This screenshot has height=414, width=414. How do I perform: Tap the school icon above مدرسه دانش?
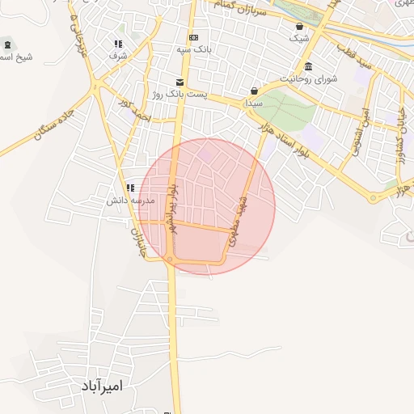[130, 188]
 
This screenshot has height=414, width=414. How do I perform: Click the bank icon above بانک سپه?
[193, 38]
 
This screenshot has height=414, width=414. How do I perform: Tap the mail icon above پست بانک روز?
[179, 82]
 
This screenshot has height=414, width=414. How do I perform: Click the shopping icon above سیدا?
[254, 91]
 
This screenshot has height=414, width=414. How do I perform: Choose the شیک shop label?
[298, 38]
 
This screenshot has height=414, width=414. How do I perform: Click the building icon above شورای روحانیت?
[309, 66]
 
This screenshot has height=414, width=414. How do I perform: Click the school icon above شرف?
[118, 44]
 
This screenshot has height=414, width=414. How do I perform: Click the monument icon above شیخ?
[8, 44]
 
